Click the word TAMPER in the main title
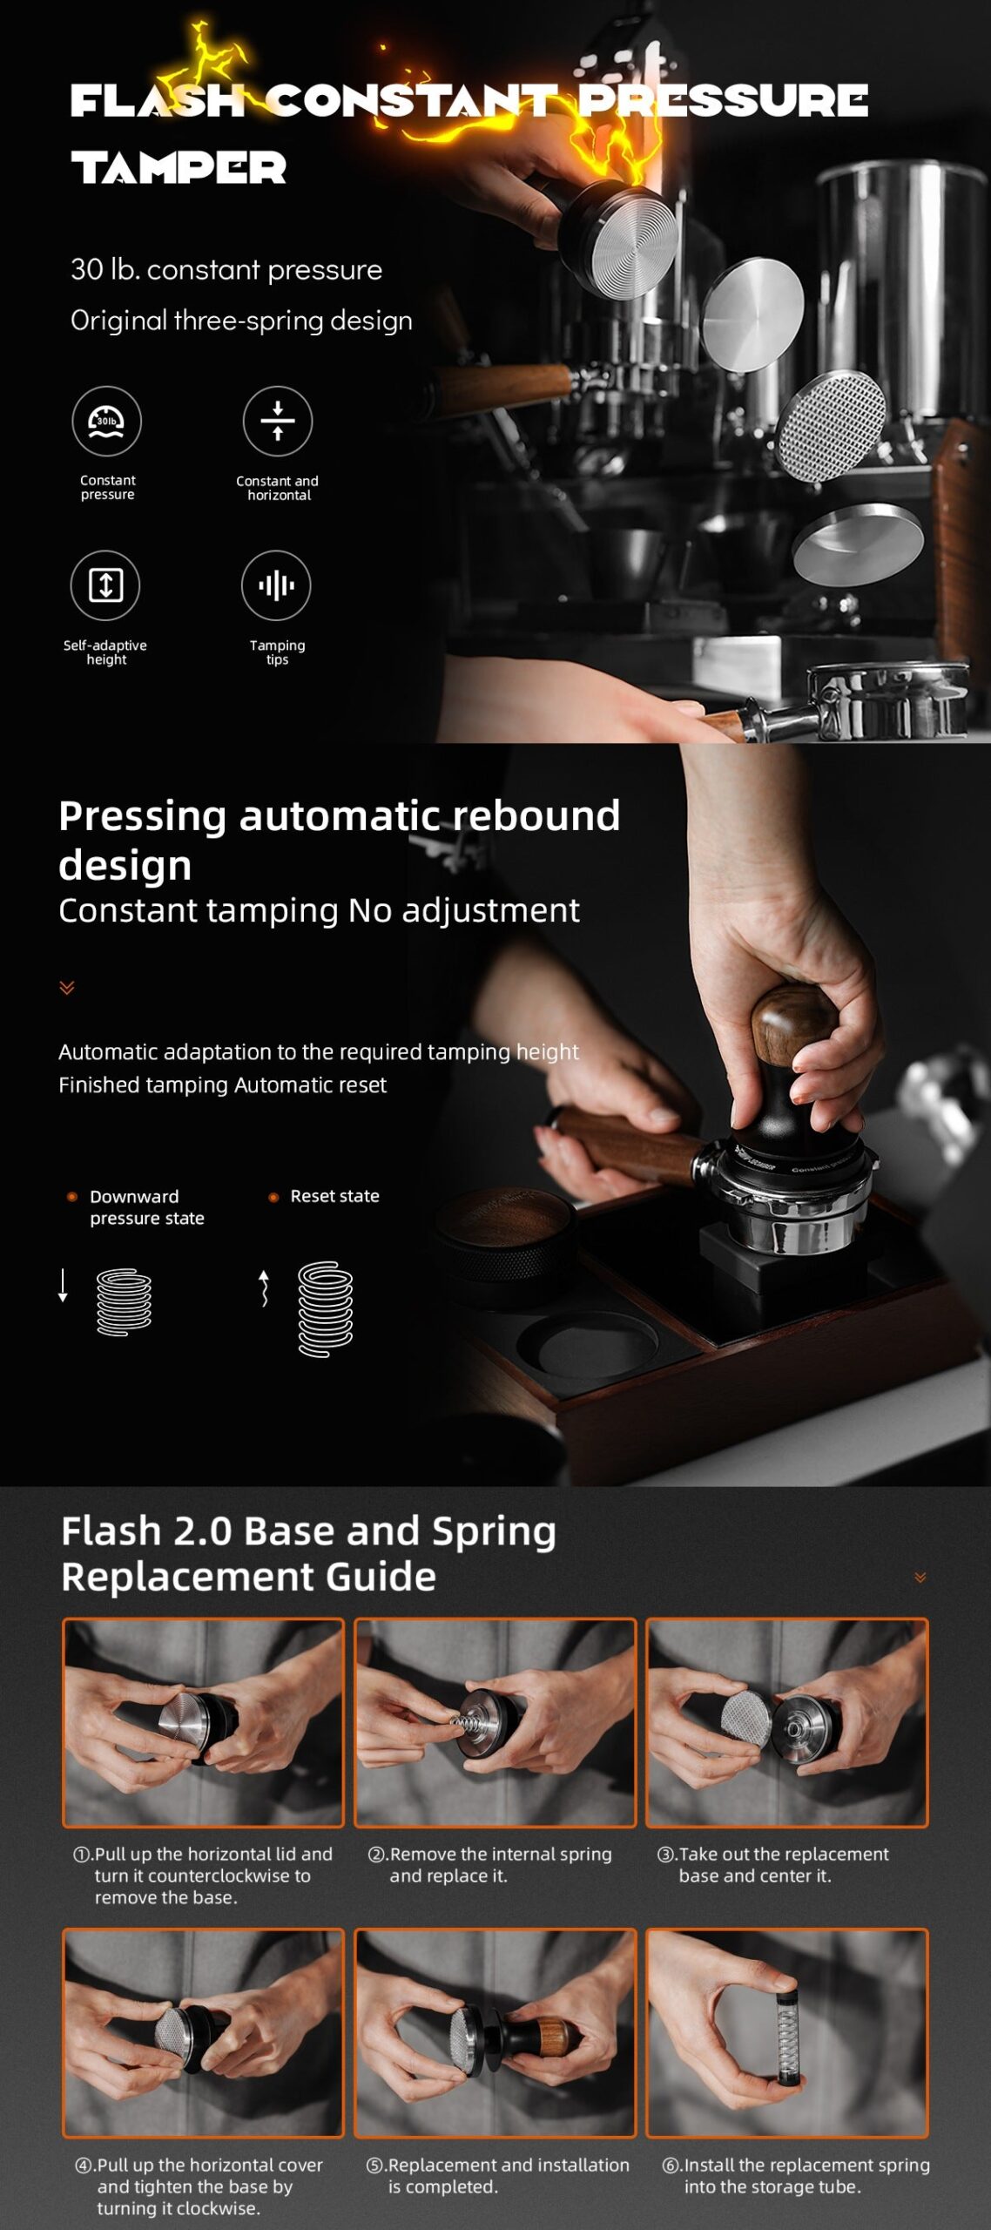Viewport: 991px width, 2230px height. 179,167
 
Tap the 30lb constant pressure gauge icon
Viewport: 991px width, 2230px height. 106,421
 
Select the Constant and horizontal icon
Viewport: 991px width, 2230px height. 277,421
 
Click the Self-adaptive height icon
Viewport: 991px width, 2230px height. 105,585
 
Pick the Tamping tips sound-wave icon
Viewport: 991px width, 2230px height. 276,585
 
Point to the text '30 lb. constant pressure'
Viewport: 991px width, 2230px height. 226,269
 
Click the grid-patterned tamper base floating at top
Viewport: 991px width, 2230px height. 832,425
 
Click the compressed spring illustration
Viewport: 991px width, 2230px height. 124,1302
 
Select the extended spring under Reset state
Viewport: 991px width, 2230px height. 326,1308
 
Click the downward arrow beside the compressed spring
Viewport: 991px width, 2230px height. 63,1286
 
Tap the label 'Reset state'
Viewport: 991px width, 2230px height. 334,1196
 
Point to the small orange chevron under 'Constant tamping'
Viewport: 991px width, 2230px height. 67,987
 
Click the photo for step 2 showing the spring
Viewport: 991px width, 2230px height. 495,1722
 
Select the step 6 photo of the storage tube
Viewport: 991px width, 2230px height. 786,2033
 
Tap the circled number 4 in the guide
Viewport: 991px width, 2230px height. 84,2166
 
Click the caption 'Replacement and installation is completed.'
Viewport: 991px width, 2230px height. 497,2175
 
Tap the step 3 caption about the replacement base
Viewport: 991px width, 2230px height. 772,1865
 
